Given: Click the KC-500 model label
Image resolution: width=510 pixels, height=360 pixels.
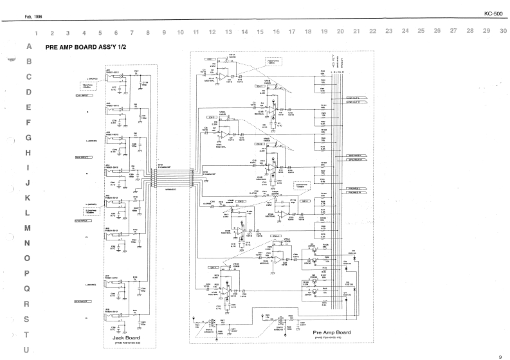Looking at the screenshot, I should tap(492, 13).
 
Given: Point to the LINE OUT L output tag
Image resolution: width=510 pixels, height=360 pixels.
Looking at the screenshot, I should tap(357, 98).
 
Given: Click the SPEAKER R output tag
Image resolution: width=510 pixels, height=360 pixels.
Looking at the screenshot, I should tap(357, 159).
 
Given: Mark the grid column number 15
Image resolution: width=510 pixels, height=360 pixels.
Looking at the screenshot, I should tap(260, 31).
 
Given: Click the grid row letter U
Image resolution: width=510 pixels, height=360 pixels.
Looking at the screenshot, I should tap(26, 350).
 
